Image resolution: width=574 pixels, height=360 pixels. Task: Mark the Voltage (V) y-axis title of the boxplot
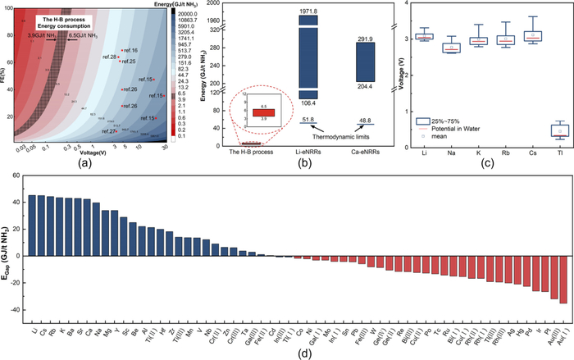coord(407,77)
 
